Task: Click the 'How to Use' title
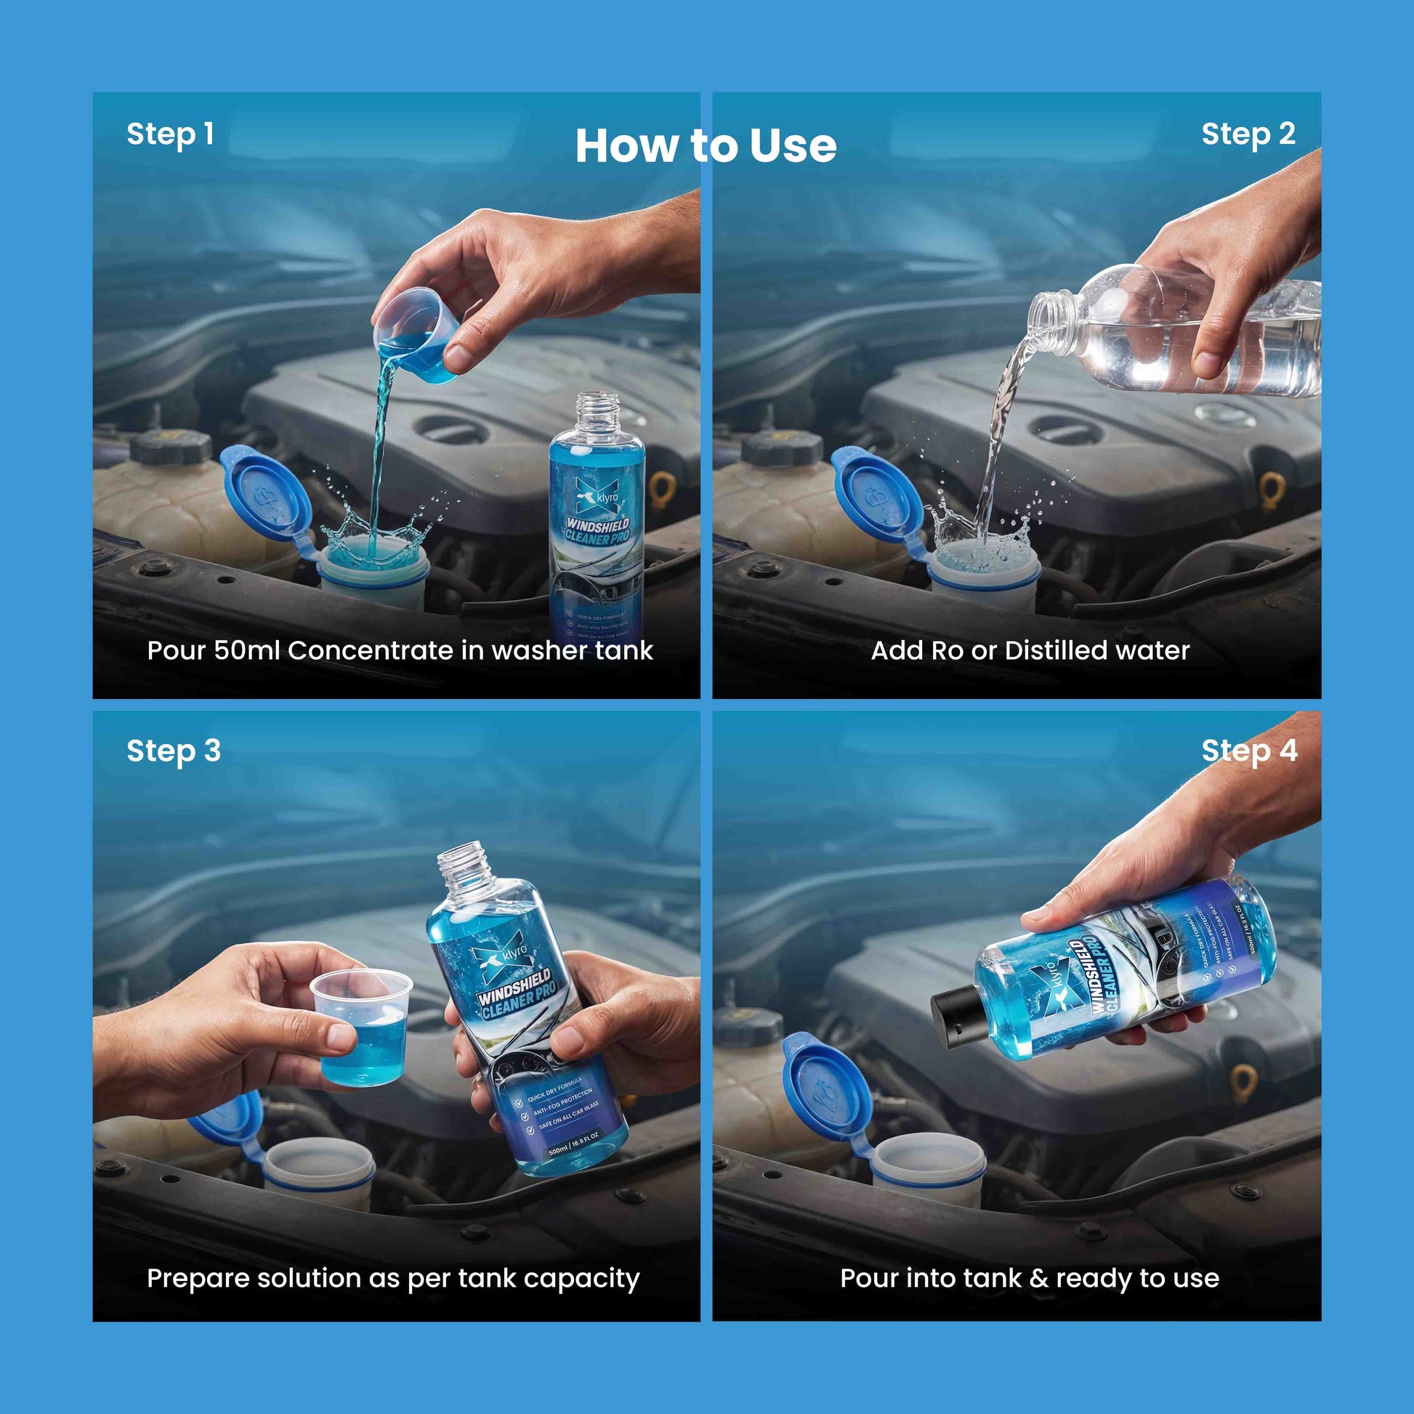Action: coord(706,145)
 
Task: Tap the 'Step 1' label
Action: coord(170,134)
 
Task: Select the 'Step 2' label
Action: coord(1248,134)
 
